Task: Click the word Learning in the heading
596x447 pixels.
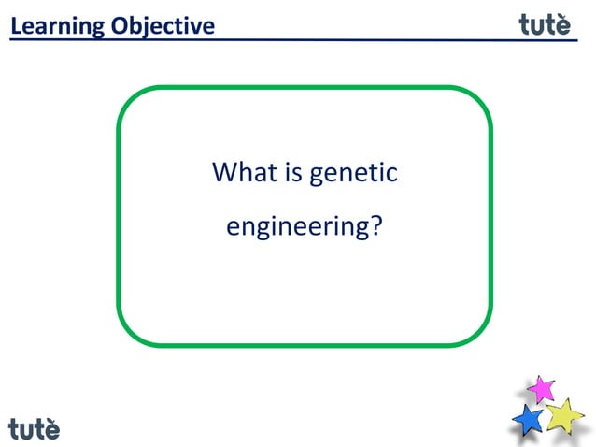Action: click(58, 27)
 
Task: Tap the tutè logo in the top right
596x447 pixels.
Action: click(545, 25)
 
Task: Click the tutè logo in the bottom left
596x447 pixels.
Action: click(35, 428)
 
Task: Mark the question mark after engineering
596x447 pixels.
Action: click(376, 226)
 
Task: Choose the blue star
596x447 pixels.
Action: click(528, 420)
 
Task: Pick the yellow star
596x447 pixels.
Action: click(564, 415)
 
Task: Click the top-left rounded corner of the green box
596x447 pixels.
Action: click(131, 101)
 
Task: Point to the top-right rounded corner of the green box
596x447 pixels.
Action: click(478, 101)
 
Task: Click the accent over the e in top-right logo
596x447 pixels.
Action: click(562, 15)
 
